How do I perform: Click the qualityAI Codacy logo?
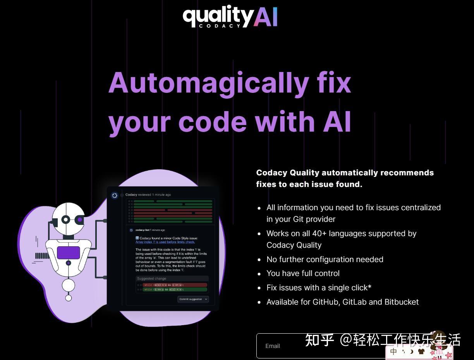[230, 17]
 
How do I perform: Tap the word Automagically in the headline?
[209, 83]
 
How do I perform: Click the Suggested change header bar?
[172, 279]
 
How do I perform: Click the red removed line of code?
[175, 285]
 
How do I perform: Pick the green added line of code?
[175, 290]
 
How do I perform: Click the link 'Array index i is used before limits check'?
[165, 242]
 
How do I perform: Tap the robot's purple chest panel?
[69, 253]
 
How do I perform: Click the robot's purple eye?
[80, 219]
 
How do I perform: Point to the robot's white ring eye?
[66, 220]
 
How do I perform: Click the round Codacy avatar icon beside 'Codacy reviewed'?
[115, 195]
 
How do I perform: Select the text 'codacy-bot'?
[142, 230]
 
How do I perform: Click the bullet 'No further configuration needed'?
[325, 259]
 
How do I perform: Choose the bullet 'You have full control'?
[303, 273]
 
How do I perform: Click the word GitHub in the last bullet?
[325, 302]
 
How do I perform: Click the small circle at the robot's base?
[69, 298]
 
